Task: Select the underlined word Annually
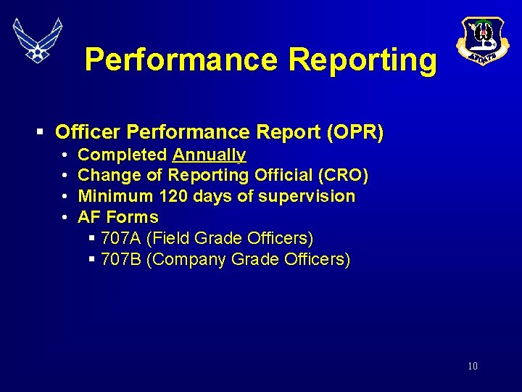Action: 209,155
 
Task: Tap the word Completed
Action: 122,155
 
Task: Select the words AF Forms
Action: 117,217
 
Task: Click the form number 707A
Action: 121,238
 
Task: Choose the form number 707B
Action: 121,259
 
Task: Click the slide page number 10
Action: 473,366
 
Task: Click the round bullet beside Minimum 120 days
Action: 65,197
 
